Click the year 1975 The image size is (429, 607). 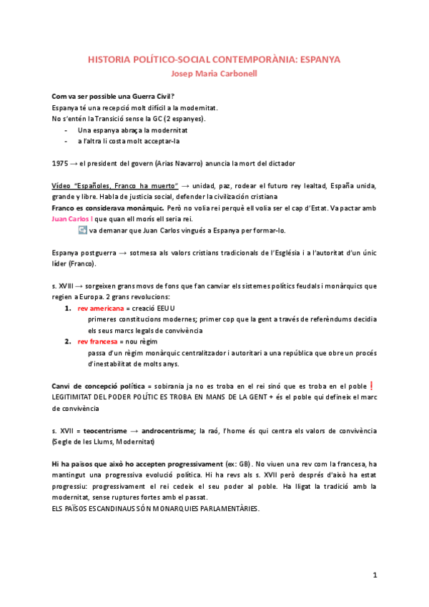click(61, 162)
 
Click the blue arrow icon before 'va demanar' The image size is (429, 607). click(82, 230)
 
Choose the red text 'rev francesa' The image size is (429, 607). click(98, 341)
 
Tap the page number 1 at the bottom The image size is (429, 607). click(374, 575)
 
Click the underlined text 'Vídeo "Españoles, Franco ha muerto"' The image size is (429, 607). click(116, 185)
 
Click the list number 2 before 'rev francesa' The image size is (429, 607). click(68, 341)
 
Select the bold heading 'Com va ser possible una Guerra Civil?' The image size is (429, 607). click(115, 96)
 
